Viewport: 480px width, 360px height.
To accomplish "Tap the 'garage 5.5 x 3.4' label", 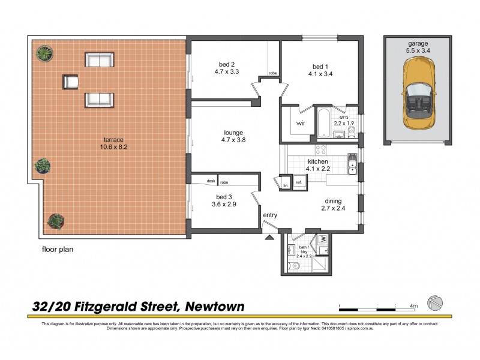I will point(416,47).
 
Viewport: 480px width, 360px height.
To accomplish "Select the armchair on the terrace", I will point(71,81).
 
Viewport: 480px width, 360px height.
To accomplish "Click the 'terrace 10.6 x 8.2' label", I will point(112,144).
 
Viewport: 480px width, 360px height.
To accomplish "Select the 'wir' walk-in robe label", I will point(301,124).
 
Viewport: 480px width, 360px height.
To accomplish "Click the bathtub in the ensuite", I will point(322,123).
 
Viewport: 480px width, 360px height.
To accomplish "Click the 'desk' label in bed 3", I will point(211,181).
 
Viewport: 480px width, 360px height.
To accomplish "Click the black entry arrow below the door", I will point(269,237).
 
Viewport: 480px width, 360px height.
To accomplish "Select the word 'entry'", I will point(270,215).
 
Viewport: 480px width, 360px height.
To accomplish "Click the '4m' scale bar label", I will point(413,306).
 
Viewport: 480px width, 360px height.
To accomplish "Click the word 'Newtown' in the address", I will point(214,307).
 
